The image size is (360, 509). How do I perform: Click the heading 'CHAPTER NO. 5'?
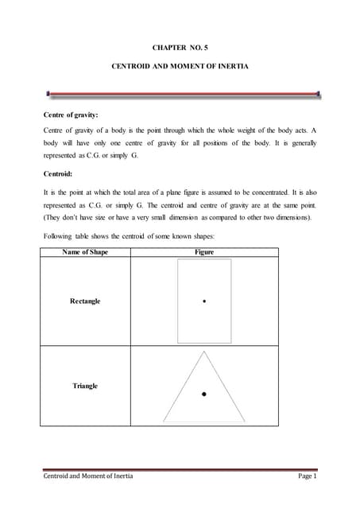(x=180, y=49)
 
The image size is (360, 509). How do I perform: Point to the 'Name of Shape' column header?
(x=85, y=252)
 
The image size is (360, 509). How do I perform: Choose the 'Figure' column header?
(x=203, y=252)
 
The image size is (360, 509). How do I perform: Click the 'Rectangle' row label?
(x=85, y=301)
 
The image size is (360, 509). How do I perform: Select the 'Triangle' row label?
(x=85, y=386)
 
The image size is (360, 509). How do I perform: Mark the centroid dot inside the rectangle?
(x=204, y=302)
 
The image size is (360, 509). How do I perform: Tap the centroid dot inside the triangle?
(x=204, y=393)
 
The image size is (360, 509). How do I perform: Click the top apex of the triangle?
(x=204, y=353)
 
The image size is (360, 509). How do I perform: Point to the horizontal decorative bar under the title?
(x=180, y=95)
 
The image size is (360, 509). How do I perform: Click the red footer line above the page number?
(x=180, y=469)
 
